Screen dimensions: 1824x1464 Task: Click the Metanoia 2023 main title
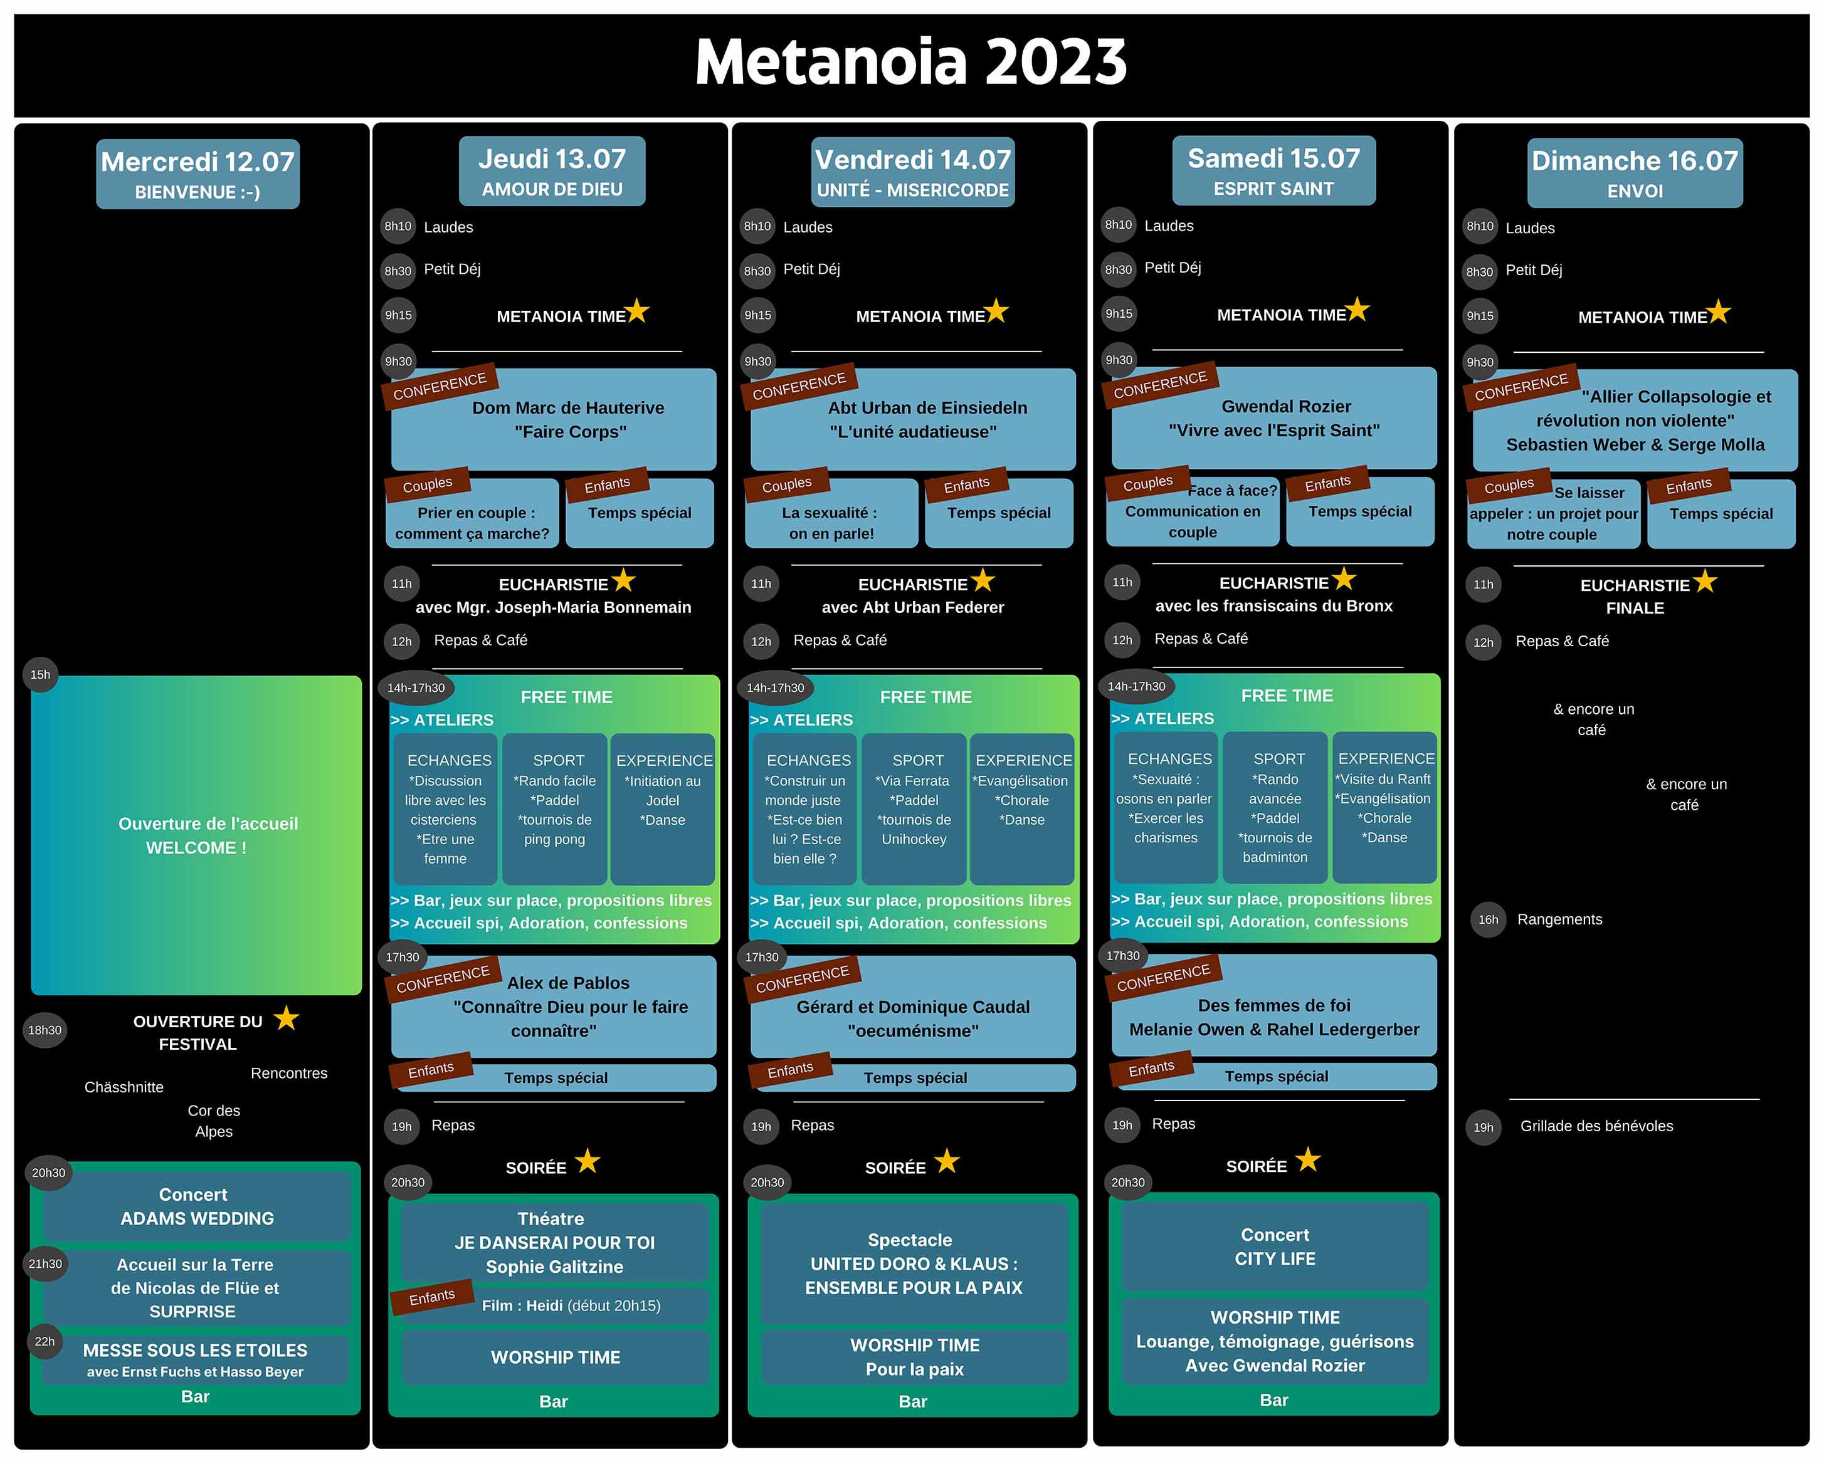[x=911, y=62]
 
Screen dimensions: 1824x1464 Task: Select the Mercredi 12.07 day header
[x=198, y=174]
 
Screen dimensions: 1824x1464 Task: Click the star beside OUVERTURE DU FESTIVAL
[x=287, y=1018]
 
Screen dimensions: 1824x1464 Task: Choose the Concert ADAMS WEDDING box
[x=197, y=1206]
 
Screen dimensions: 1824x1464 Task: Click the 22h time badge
[x=45, y=1341]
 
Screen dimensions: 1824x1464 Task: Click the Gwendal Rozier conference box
[x=1274, y=418]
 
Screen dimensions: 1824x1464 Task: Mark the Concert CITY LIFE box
[x=1275, y=1247]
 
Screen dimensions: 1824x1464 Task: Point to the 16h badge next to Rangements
[x=1488, y=920]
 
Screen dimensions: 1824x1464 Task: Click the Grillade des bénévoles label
[x=1596, y=1126]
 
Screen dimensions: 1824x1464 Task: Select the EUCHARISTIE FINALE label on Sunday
[x=1635, y=596]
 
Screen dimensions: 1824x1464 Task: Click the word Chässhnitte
[x=124, y=1087]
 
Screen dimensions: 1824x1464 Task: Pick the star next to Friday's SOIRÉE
[x=947, y=1161]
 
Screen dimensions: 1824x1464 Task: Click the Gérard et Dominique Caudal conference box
[x=913, y=1006]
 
